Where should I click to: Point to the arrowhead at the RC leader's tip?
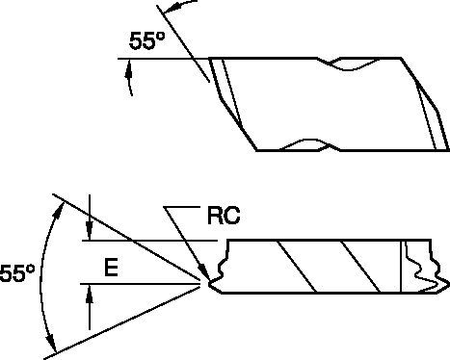pyautogui.click(x=204, y=275)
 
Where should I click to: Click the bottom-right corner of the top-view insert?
pyautogui.click(x=448, y=150)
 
